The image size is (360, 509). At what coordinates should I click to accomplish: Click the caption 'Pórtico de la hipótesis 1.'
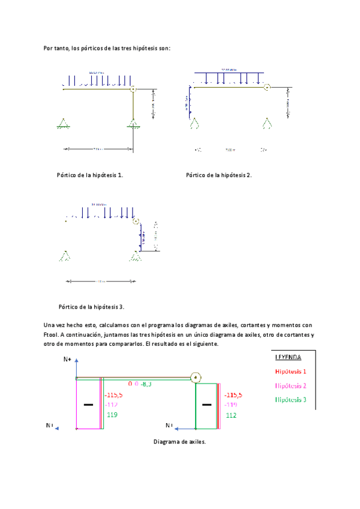tap(89, 175)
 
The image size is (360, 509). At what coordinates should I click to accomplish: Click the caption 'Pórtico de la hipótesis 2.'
tap(219, 175)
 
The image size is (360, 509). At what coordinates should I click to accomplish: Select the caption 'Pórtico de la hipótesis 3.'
tap(91, 307)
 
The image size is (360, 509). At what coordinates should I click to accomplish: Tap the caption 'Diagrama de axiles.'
tap(179, 442)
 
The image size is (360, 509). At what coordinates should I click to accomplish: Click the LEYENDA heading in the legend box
tap(289, 357)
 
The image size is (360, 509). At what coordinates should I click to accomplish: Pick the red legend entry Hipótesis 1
tap(290, 372)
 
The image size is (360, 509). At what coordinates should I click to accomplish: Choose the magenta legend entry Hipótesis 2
tap(290, 385)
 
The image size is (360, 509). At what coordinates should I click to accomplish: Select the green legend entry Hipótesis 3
tap(290, 399)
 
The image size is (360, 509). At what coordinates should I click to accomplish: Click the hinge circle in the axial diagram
tap(195, 378)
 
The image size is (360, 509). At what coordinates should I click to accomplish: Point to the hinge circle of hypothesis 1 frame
tap(133, 89)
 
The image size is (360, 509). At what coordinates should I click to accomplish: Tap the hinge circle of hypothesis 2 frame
tap(266, 87)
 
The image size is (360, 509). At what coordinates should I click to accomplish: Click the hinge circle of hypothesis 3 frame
tap(136, 221)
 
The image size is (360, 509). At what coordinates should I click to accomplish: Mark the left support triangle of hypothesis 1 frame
tap(62, 124)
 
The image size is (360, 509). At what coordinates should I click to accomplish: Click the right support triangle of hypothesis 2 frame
tap(266, 123)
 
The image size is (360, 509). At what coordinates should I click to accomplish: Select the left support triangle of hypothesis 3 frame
tap(64, 256)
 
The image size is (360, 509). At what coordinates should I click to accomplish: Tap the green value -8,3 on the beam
tap(146, 383)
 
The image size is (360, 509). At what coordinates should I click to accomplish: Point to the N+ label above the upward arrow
tap(68, 360)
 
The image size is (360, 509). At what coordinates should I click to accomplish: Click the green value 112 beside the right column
tap(231, 415)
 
